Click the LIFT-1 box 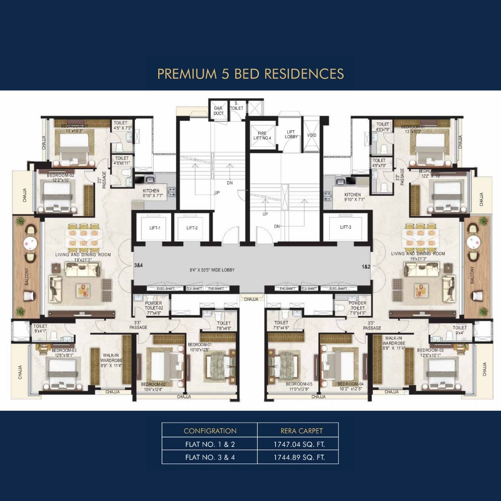click(x=154, y=228)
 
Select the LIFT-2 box click(x=192, y=228)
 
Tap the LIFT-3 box click(x=345, y=227)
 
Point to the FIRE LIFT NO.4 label click(x=262, y=136)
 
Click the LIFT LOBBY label click(x=291, y=134)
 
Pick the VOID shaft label click(x=311, y=135)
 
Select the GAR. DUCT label click(x=218, y=111)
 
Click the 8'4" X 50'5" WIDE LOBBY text click(x=212, y=270)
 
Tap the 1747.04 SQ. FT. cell click(x=299, y=444)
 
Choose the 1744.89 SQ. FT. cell click(x=299, y=457)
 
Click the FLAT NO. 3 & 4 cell click(x=210, y=457)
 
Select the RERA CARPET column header click(x=301, y=431)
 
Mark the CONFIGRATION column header click(x=210, y=431)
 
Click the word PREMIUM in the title click(x=186, y=74)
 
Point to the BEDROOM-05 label click(x=299, y=384)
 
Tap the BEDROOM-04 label click(x=350, y=384)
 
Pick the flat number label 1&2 click(x=366, y=267)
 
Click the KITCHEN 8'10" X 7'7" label click(x=151, y=193)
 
